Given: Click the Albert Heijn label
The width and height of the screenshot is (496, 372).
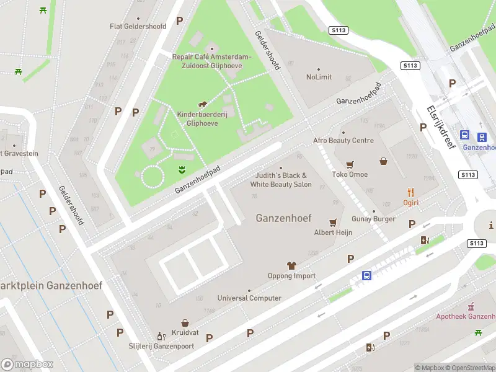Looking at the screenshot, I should [x=333, y=232].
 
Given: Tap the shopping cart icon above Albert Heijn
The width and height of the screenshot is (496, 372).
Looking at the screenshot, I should [x=333, y=222].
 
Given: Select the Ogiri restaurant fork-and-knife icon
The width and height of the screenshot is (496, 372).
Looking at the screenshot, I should [x=410, y=193].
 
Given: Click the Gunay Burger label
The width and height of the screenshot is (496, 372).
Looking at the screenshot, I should [x=373, y=219].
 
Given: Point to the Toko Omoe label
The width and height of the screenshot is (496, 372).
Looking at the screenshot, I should [x=350, y=174].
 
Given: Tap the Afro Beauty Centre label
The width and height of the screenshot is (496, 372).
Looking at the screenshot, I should [x=343, y=141].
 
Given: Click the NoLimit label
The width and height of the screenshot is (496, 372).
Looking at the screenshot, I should [x=319, y=77].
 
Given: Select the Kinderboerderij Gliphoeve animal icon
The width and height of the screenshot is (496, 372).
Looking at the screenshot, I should [x=203, y=105].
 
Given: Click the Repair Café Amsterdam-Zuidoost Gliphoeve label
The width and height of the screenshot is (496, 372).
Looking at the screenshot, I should [x=211, y=60].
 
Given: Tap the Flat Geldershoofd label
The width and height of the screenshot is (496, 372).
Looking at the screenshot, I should [x=139, y=26].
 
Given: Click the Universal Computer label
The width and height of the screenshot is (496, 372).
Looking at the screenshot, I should [x=249, y=298].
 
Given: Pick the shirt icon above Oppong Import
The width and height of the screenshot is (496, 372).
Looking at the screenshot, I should [x=291, y=265].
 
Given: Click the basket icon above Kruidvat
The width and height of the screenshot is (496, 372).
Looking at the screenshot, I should [x=185, y=323].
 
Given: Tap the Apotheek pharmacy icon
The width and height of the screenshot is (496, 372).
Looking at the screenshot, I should [x=471, y=306].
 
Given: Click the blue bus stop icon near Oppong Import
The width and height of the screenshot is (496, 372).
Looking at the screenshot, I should [x=367, y=276].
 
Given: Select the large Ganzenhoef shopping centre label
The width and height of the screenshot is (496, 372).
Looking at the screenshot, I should [x=283, y=218].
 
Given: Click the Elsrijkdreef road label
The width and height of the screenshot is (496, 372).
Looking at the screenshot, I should [x=441, y=128].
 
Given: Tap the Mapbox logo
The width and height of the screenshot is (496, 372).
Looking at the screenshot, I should [x=27, y=365].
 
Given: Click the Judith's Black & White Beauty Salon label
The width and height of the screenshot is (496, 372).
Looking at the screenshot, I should [x=281, y=180].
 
